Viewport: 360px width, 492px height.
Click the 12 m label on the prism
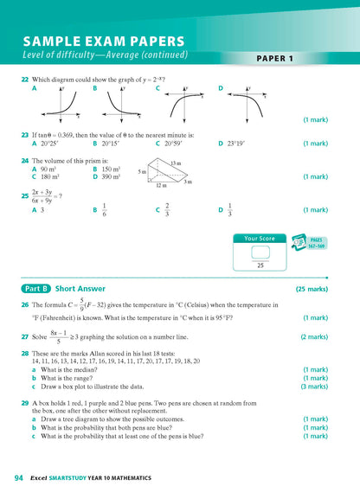(162, 186)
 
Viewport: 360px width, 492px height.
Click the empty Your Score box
(259, 252)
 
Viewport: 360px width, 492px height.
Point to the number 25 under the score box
(259, 265)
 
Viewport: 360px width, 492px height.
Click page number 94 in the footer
(18, 477)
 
